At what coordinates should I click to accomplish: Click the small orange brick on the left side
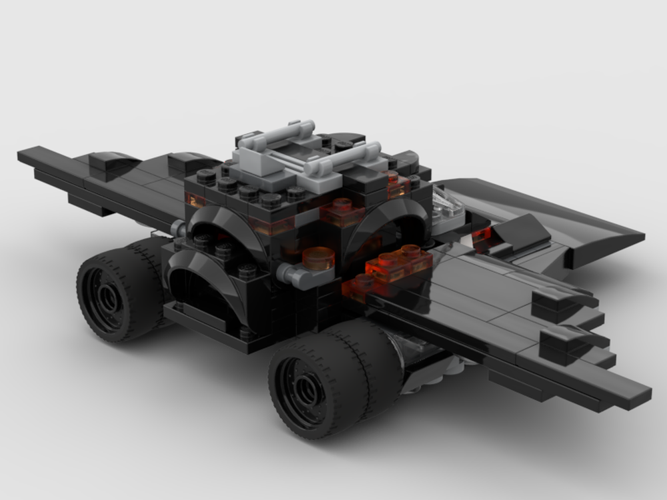195,200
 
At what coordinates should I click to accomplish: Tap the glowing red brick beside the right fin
483,234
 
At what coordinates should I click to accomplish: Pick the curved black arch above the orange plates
387,220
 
